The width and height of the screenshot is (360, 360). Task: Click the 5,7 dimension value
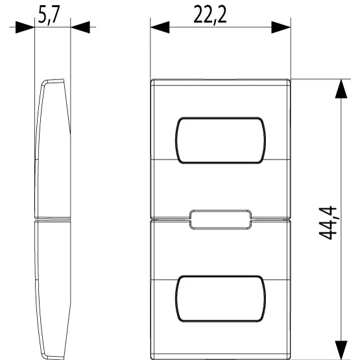coord(49,15)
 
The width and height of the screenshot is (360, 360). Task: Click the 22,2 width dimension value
coord(210,15)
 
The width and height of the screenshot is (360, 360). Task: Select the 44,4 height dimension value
coord(328,223)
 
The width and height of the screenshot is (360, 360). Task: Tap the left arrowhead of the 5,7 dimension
coord(25,27)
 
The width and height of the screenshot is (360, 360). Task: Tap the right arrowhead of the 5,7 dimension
coord(80,27)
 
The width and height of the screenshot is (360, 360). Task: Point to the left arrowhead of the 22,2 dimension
coord(160,27)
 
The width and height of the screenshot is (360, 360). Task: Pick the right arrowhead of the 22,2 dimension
coord(281,27)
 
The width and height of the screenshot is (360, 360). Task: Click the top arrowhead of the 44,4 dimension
coord(341,89)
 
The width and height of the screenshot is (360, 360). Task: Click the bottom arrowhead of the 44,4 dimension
coord(341,350)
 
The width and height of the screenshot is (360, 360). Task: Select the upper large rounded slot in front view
coord(221,140)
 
